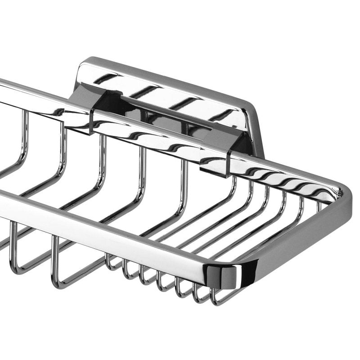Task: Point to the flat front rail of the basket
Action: [112, 229]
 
